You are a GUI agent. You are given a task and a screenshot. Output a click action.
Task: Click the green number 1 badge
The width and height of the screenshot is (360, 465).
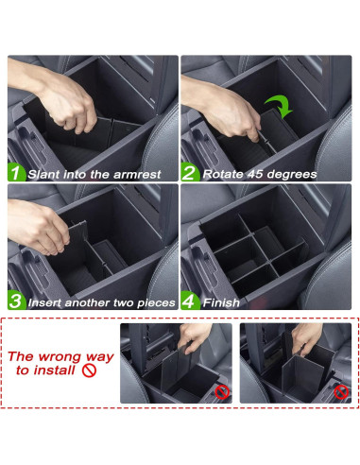[16, 174]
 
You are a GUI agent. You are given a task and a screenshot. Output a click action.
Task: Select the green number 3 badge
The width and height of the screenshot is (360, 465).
[16, 302]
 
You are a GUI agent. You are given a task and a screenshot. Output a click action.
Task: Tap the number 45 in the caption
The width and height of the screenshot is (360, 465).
[259, 175]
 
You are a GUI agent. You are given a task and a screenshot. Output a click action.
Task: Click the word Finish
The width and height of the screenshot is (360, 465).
[222, 302]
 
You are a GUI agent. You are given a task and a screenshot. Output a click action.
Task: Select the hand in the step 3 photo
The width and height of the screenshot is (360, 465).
[38, 227]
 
